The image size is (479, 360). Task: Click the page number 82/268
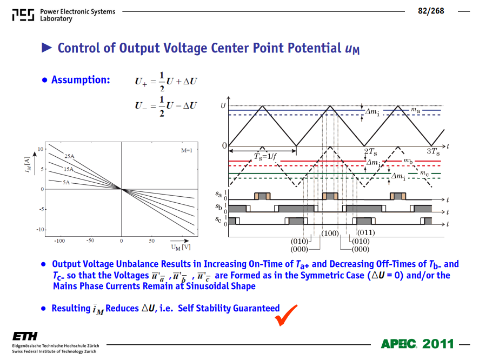point(431,11)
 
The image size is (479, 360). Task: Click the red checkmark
point(285,315)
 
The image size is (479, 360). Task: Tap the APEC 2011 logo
point(417,344)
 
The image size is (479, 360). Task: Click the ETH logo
point(25,336)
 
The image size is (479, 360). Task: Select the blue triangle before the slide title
point(46,48)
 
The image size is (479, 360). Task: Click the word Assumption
point(81,79)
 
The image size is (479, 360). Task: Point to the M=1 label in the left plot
point(187,150)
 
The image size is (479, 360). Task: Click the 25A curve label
point(69,156)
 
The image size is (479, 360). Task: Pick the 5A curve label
point(66,182)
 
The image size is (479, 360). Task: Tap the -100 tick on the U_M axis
point(59,241)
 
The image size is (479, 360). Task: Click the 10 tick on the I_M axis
point(41,149)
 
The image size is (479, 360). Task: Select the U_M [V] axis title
point(181,247)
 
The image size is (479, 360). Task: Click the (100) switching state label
point(330,234)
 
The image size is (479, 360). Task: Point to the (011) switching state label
point(366,232)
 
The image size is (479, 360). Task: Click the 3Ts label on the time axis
point(433,151)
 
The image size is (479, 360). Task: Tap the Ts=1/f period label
point(265,157)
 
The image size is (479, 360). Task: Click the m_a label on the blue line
point(415,110)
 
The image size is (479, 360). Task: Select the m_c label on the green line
point(424,173)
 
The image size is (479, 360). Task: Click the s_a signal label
point(218,194)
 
